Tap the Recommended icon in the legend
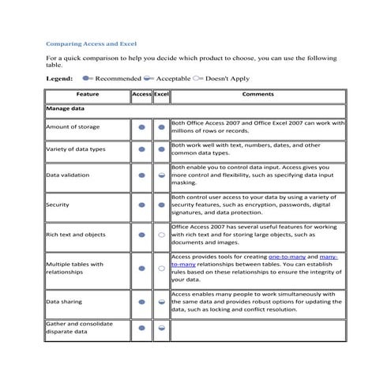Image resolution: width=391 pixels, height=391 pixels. [87, 79]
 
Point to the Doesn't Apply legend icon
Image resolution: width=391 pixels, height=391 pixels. [197, 79]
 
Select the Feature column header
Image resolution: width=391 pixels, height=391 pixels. [88, 95]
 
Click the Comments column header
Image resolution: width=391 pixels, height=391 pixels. [258, 95]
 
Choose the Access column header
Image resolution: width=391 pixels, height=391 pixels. [141, 95]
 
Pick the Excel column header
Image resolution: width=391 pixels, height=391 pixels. [161, 95]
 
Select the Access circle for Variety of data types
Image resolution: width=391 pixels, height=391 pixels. [141, 149]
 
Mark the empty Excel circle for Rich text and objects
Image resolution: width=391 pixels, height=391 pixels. [161, 235]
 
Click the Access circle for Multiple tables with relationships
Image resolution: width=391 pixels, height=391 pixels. [141, 269]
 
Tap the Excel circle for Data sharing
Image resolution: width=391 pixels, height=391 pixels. [161, 302]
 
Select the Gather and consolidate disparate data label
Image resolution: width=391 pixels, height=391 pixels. [79, 328]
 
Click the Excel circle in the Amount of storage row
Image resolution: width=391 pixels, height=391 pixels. [161, 126]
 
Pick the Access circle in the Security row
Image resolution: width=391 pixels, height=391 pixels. [141, 205]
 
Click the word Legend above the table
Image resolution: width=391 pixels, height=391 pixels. [60, 79]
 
